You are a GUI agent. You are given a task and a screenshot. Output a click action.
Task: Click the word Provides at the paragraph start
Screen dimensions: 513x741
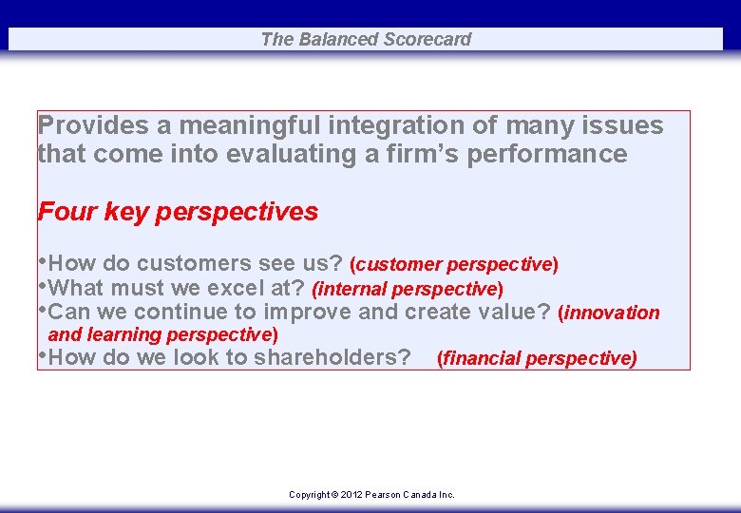pyautogui.click(x=93, y=125)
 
